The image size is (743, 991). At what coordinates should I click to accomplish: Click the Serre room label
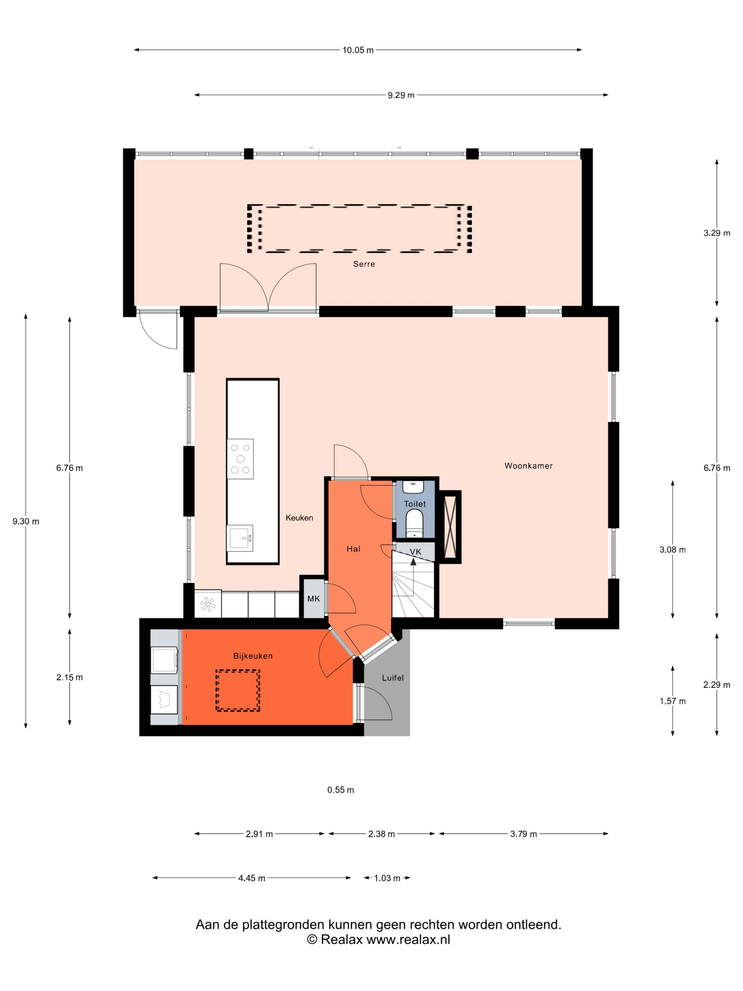coord(364,264)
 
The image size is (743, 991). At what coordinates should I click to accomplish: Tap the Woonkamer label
coord(529,465)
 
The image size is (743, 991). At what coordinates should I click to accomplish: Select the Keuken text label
coord(299,517)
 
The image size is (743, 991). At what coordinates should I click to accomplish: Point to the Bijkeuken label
coord(253,656)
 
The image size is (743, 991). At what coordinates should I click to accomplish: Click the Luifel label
coord(393,678)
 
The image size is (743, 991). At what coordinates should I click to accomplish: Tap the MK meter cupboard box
coord(313,598)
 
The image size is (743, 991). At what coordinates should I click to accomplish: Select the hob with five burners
coord(241,459)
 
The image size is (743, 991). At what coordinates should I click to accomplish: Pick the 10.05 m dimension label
coord(358,50)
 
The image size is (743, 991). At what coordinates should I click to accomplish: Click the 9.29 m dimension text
coord(401,95)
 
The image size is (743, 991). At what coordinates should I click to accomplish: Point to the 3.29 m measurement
coord(716,233)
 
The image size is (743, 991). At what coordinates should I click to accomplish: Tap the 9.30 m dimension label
coord(26,521)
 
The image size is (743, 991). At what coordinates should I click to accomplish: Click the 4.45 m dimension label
coord(252,878)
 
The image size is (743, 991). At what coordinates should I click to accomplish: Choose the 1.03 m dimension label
coord(387,878)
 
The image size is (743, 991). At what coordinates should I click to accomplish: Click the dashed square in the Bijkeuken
coord(237,690)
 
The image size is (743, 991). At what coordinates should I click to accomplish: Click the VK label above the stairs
coord(415,552)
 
